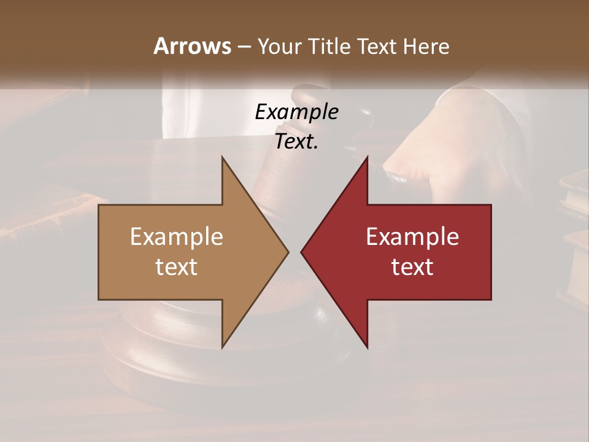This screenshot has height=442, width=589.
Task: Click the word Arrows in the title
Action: (192, 46)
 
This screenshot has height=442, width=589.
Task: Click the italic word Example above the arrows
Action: (297, 112)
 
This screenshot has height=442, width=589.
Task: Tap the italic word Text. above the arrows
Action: (297, 142)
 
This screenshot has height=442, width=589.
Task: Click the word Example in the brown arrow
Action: (177, 236)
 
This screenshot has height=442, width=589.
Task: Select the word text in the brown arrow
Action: (177, 266)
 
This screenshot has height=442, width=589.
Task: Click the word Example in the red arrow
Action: (412, 236)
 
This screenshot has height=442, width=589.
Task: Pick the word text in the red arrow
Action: (412, 266)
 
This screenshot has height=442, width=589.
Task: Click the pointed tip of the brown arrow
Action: (288, 252)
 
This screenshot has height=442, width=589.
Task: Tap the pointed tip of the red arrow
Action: (301, 252)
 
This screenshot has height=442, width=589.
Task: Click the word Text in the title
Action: (377, 46)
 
